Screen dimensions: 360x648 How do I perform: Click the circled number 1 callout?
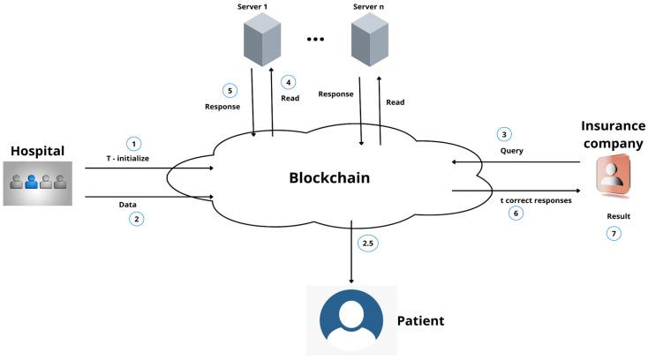point(134,143)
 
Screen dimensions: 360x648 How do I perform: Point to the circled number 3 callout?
point(504,134)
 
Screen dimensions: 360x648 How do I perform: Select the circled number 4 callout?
point(287,82)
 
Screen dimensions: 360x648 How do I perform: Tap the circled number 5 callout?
point(228,90)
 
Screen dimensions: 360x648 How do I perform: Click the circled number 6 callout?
point(515,214)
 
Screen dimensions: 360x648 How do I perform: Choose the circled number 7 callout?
point(615,233)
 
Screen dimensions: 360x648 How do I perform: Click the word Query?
point(512,151)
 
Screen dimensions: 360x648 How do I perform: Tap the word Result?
point(620,215)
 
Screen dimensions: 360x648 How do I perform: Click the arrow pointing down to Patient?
point(353,256)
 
